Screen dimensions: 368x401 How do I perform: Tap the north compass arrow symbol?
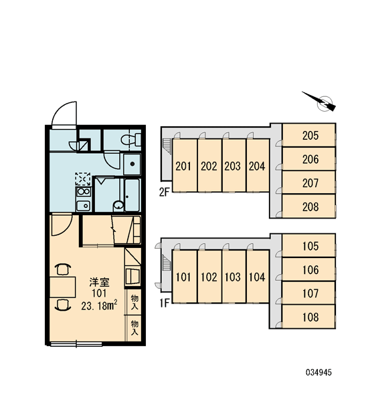click(320, 102)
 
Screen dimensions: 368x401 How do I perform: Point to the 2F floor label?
click(165, 192)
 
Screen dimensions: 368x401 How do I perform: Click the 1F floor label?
click(165, 303)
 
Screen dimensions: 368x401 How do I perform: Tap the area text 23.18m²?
click(100, 305)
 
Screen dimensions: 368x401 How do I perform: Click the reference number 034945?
click(318, 372)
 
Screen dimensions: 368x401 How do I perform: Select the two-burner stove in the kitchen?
click(83, 192)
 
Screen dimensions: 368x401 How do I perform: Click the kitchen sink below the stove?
click(83, 206)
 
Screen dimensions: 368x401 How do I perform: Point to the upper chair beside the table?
click(63, 269)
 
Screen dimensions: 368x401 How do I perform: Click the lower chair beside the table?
click(63, 305)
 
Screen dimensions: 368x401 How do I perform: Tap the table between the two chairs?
click(62, 287)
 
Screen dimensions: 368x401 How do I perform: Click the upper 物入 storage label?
click(134, 302)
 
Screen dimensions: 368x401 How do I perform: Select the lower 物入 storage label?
click(134, 327)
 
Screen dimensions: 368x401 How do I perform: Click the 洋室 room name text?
click(100, 282)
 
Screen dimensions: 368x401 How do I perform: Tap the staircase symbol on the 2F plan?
click(167, 146)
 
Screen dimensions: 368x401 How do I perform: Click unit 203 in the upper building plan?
click(234, 166)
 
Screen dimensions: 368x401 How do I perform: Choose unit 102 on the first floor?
click(209, 277)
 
